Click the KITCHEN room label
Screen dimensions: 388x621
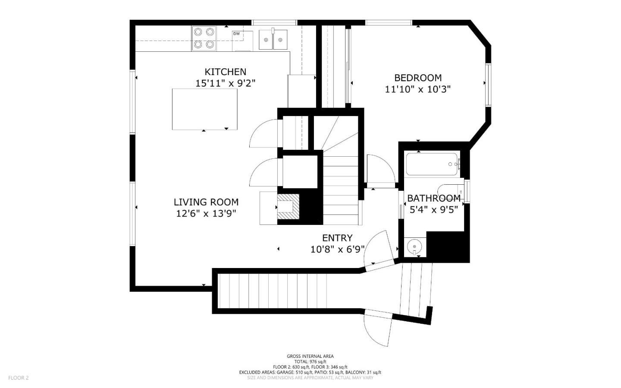[225, 72]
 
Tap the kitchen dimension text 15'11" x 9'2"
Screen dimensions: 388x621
[225, 83]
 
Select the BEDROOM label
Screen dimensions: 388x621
[417, 78]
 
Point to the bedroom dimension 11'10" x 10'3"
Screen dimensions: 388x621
[417, 89]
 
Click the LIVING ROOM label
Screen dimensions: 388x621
[206, 202]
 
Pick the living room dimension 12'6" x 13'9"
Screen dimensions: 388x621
[206, 213]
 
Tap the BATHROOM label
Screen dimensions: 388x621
[433, 198]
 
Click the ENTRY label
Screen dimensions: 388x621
[337, 238]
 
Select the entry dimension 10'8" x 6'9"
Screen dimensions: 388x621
[337, 249]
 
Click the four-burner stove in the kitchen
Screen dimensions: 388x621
[204, 38]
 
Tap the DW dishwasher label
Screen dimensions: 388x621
[236, 34]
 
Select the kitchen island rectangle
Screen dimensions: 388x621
[204, 109]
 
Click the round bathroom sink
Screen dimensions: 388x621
[414, 246]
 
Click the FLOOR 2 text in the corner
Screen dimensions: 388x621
[18, 378]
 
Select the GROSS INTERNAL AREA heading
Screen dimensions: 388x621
[310, 356]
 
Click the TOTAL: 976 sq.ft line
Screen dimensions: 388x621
[310, 362]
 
